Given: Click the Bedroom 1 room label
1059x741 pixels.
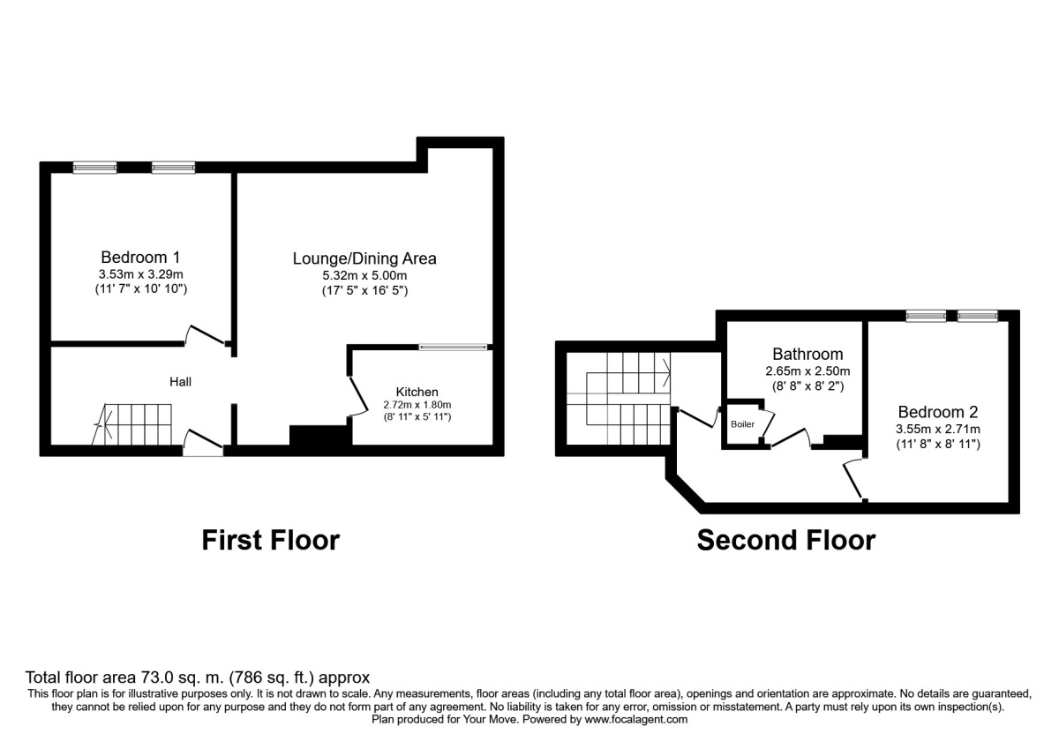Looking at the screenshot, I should pyautogui.click(x=140, y=258).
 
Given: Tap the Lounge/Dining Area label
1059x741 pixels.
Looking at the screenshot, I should pyautogui.click(x=364, y=258).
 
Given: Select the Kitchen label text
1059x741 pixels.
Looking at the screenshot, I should pyautogui.click(x=417, y=392).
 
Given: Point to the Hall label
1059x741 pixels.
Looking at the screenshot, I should pyautogui.click(x=181, y=382).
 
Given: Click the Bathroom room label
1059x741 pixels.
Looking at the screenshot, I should pyautogui.click(x=807, y=355).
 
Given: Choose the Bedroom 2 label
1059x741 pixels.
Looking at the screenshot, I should pyautogui.click(x=937, y=412).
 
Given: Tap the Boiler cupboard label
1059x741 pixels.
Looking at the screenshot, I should pyautogui.click(x=743, y=424).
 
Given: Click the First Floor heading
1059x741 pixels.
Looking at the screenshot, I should pyautogui.click(x=270, y=540).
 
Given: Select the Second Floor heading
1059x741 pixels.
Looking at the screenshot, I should pyautogui.click(x=785, y=540).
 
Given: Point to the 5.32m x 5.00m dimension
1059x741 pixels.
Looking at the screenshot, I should pyautogui.click(x=364, y=275).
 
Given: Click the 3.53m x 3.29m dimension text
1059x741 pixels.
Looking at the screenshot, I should pyautogui.click(x=140, y=273).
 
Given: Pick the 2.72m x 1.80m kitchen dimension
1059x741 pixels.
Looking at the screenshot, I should pyautogui.click(x=417, y=405).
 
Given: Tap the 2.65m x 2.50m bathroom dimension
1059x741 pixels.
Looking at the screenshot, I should pyautogui.click(x=807, y=371).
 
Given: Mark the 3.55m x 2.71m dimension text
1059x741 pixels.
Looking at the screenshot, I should pyautogui.click(x=937, y=429).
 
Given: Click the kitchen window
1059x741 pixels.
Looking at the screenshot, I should pyautogui.click(x=453, y=347).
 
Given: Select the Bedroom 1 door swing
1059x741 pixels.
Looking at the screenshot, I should pyautogui.click(x=207, y=336).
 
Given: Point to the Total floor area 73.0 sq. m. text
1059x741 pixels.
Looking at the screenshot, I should pyautogui.click(x=192, y=678).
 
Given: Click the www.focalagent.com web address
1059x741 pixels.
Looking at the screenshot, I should pyautogui.click(x=623, y=719).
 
